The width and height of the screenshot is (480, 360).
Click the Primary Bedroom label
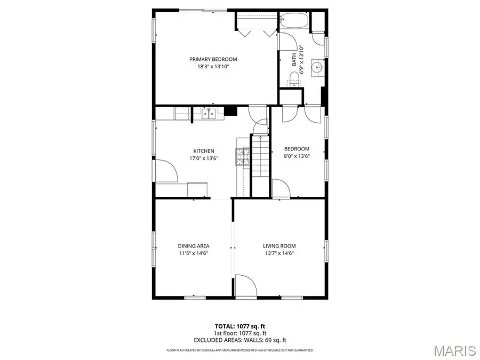[x=213, y=59]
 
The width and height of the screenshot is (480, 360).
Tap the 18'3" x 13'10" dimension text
[x=213, y=67]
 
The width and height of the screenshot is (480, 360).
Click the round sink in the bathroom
[x=317, y=68]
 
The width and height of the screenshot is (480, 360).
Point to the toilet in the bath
[x=294, y=83]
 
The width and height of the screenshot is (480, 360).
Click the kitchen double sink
[x=208, y=113]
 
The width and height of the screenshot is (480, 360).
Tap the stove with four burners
[x=243, y=156]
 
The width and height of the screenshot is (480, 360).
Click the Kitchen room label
[x=204, y=151]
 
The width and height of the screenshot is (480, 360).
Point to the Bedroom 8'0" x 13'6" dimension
[x=297, y=156]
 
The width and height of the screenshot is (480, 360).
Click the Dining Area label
[x=194, y=246]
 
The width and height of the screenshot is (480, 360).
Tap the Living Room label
[x=279, y=246]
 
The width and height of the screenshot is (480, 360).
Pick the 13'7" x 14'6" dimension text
[x=279, y=253]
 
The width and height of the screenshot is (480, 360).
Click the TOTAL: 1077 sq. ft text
[x=239, y=325]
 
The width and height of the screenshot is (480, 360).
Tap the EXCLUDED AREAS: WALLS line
[x=239, y=340]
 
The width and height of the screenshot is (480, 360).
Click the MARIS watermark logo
[x=454, y=350]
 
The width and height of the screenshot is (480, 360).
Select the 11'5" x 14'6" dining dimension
[x=194, y=253]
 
